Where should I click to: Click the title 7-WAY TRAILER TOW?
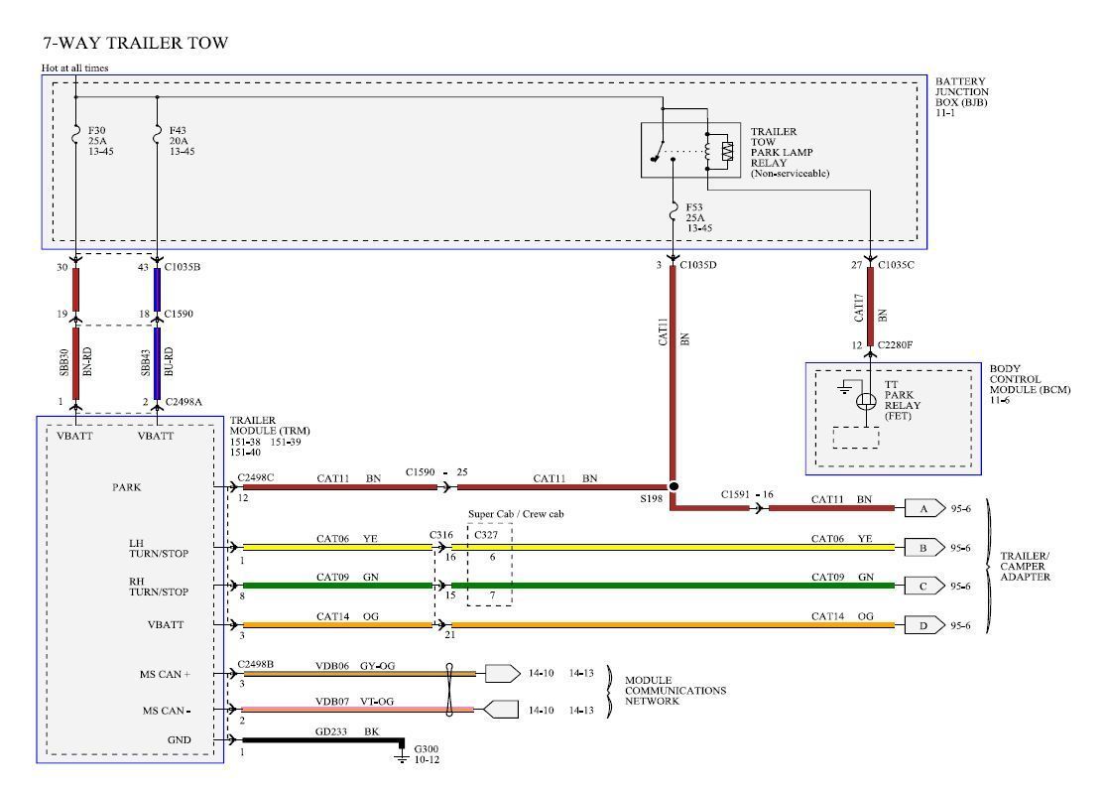(135, 43)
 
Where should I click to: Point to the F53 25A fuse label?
(698, 217)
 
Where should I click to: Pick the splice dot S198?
(674, 487)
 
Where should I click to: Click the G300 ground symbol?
(401, 757)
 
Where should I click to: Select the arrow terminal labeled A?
(921, 508)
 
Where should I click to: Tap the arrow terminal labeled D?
(921, 625)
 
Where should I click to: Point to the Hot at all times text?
(74, 67)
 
